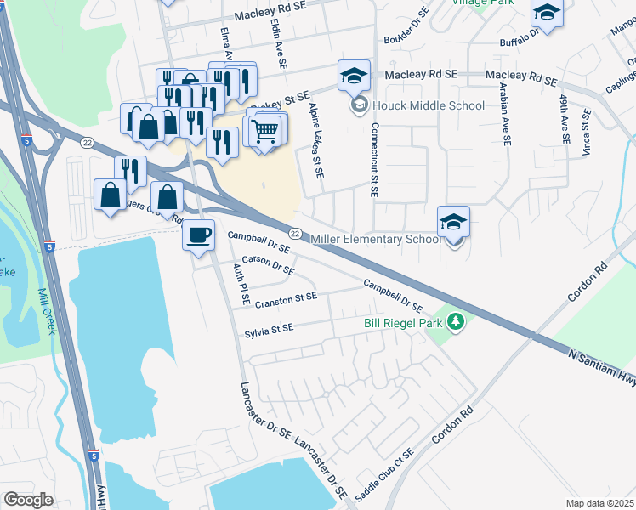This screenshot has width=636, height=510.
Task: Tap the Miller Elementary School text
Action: click(378, 240)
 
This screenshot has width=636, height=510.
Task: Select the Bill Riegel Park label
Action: click(405, 323)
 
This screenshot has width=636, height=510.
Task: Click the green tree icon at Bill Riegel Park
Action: click(457, 322)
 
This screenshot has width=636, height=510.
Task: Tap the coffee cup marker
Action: click(199, 235)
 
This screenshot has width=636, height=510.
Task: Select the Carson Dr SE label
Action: click(268, 265)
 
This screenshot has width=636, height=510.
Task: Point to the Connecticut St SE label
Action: click(373, 160)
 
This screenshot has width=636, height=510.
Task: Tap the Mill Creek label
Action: click(46, 311)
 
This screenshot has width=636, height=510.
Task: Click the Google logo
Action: click(28, 499)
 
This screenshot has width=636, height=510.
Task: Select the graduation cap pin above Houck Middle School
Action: click(354, 76)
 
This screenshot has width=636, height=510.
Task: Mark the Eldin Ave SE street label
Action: click(277, 43)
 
